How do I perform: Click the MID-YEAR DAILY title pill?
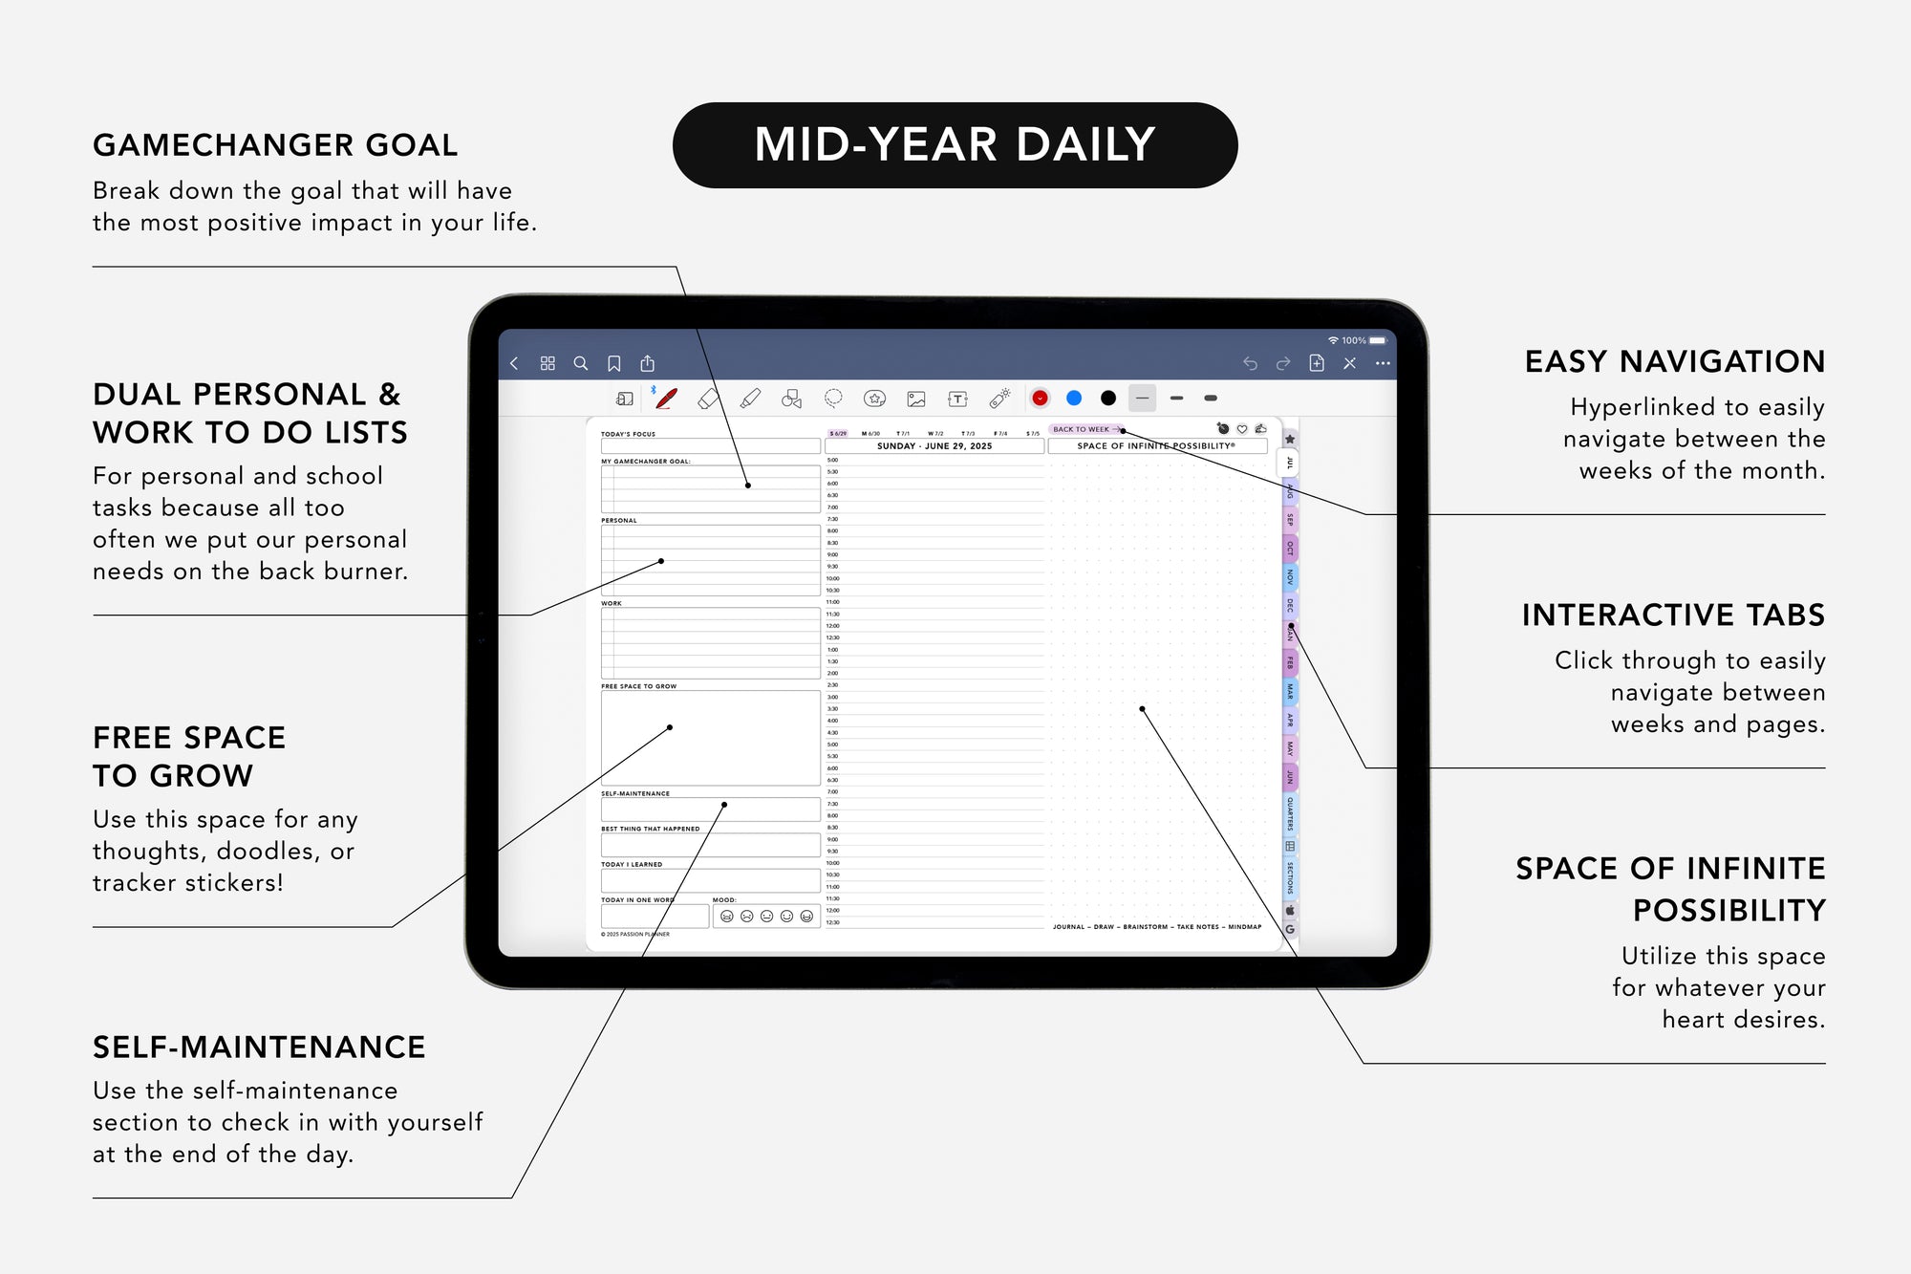pyautogui.click(x=955, y=145)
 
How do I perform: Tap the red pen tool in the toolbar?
pyautogui.click(x=666, y=399)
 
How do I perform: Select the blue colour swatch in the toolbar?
pyautogui.click(x=1074, y=398)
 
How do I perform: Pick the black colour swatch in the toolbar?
pyautogui.click(x=1108, y=398)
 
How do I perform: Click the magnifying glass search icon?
pyautogui.click(x=580, y=363)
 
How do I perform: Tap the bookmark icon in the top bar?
pyautogui.click(x=614, y=363)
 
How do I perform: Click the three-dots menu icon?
pyautogui.click(x=1383, y=363)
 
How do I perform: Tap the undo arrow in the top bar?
pyautogui.click(x=1250, y=363)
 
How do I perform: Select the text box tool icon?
pyautogui.click(x=957, y=399)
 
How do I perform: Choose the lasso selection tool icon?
pyautogui.click(x=833, y=398)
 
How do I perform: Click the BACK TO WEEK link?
pyautogui.click(x=1084, y=429)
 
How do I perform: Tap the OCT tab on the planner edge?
pyautogui.click(x=1289, y=549)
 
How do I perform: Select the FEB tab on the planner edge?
pyautogui.click(x=1289, y=662)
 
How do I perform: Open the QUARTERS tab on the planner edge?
pyautogui.click(x=1289, y=813)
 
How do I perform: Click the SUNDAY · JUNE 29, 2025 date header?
pyautogui.click(x=934, y=446)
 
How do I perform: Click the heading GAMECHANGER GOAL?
pyautogui.click(x=275, y=145)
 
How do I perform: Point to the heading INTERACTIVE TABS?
pyautogui.click(x=1673, y=615)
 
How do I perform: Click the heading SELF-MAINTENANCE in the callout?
pyautogui.click(x=259, y=1047)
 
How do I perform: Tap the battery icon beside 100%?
pyautogui.click(x=1377, y=340)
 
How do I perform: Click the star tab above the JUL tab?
pyautogui.click(x=1289, y=439)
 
